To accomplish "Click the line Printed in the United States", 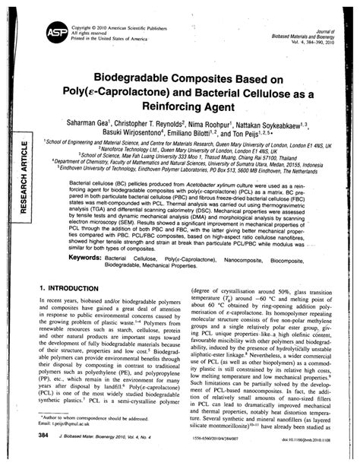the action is pos(99,37).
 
